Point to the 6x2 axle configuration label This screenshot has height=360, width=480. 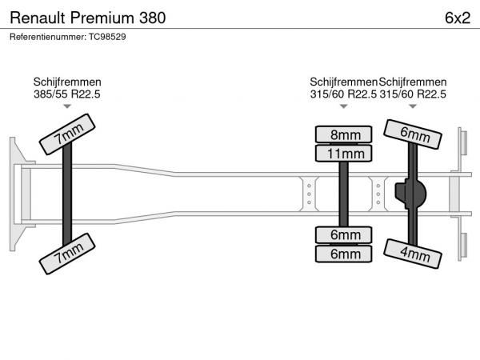pyautogui.click(x=456, y=17)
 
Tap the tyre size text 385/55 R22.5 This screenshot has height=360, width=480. pyautogui.click(x=67, y=94)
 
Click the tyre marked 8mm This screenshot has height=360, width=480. pyautogui.click(x=344, y=134)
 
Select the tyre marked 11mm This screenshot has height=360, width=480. pyautogui.click(x=344, y=153)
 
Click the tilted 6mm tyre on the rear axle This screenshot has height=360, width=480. pyautogui.click(x=413, y=134)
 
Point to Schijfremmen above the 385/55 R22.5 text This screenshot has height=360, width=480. pyautogui.click(x=67, y=82)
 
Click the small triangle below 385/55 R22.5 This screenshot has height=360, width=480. pyautogui.click(x=67, y=106)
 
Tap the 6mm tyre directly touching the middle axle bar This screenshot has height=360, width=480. pyautogui.click(x=344, y=234)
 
